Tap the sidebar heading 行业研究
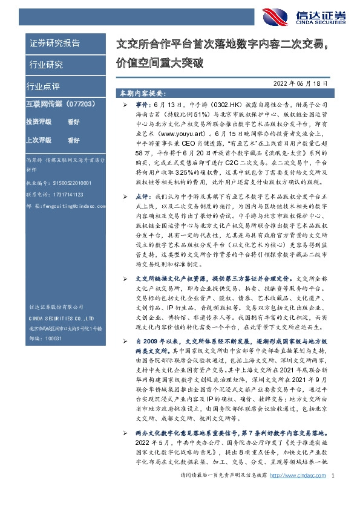point(46,64)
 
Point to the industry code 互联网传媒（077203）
point(57,103)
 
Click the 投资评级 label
point(38,122)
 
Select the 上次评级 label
point(38,140)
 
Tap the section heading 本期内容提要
point(142,94)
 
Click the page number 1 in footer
point(333,493)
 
